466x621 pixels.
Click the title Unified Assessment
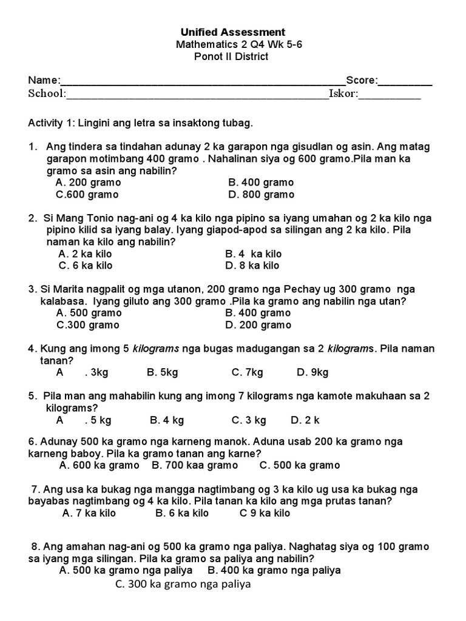pos(232,32)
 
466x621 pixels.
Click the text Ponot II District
pos(231,56)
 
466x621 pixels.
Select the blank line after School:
pos(197,94)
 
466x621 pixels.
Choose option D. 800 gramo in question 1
pos(261,195)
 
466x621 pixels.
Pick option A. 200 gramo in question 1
pos(88,183)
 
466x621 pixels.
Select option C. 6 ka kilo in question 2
pos(86,266)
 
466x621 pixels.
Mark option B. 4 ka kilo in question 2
pos(253,254)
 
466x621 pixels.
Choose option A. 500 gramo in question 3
pos(89,313)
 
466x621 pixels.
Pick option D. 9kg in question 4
pos(312,372)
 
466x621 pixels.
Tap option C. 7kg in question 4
pos(247,372)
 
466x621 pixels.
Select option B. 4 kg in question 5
pos(166,420)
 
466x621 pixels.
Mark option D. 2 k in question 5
pos(305,420)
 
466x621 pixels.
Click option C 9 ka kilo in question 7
pos(265,513)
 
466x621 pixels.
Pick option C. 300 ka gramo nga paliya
pos(182,585)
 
